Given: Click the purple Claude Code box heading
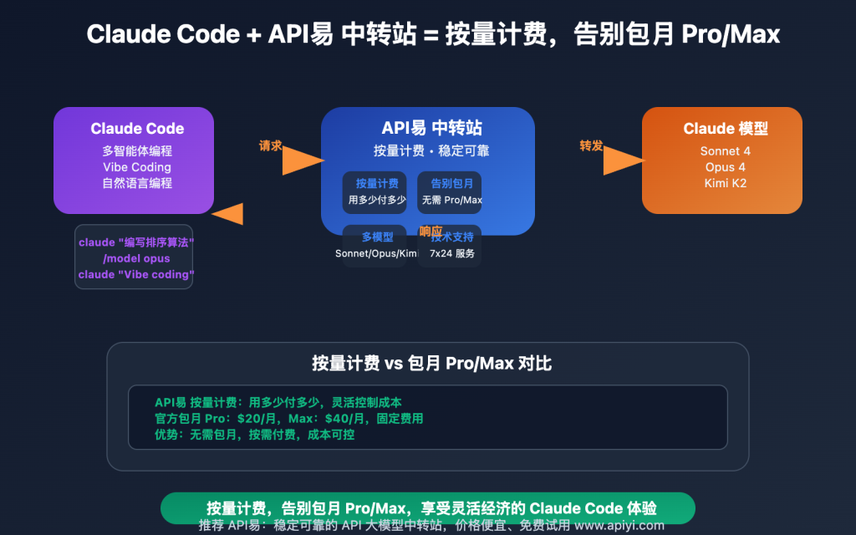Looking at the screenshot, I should pyautogui.click(x=137, y=129).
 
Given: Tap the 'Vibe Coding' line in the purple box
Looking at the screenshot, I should pyautogui.click(x=137, y=167).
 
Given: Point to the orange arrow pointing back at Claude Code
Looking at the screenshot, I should pyautogui.click(x=228, y=214).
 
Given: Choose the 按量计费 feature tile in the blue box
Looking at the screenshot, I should pyautogui.click(x=376, y=191).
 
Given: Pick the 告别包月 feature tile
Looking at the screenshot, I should pyautogui.click(x=451, y=191).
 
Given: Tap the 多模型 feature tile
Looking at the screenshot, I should pyautogui.click(x=376, y=245).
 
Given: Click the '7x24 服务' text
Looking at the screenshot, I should pyautogui.click(x=451, y=253).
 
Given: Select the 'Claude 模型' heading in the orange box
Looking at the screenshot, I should pyautogui.click(x=725, y=129).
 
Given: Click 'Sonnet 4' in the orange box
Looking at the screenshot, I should pyautogui.click(x=725, y=151).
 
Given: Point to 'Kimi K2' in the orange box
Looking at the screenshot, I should pyautogui.click(x=725, y=182).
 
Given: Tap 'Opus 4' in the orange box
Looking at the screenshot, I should pyautogui.click(x=725, y=167).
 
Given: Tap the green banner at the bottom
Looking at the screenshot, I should pyautogui.click(x=427, y=507).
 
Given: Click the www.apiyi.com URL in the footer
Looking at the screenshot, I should pyautogui.click(x=619, y=526).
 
